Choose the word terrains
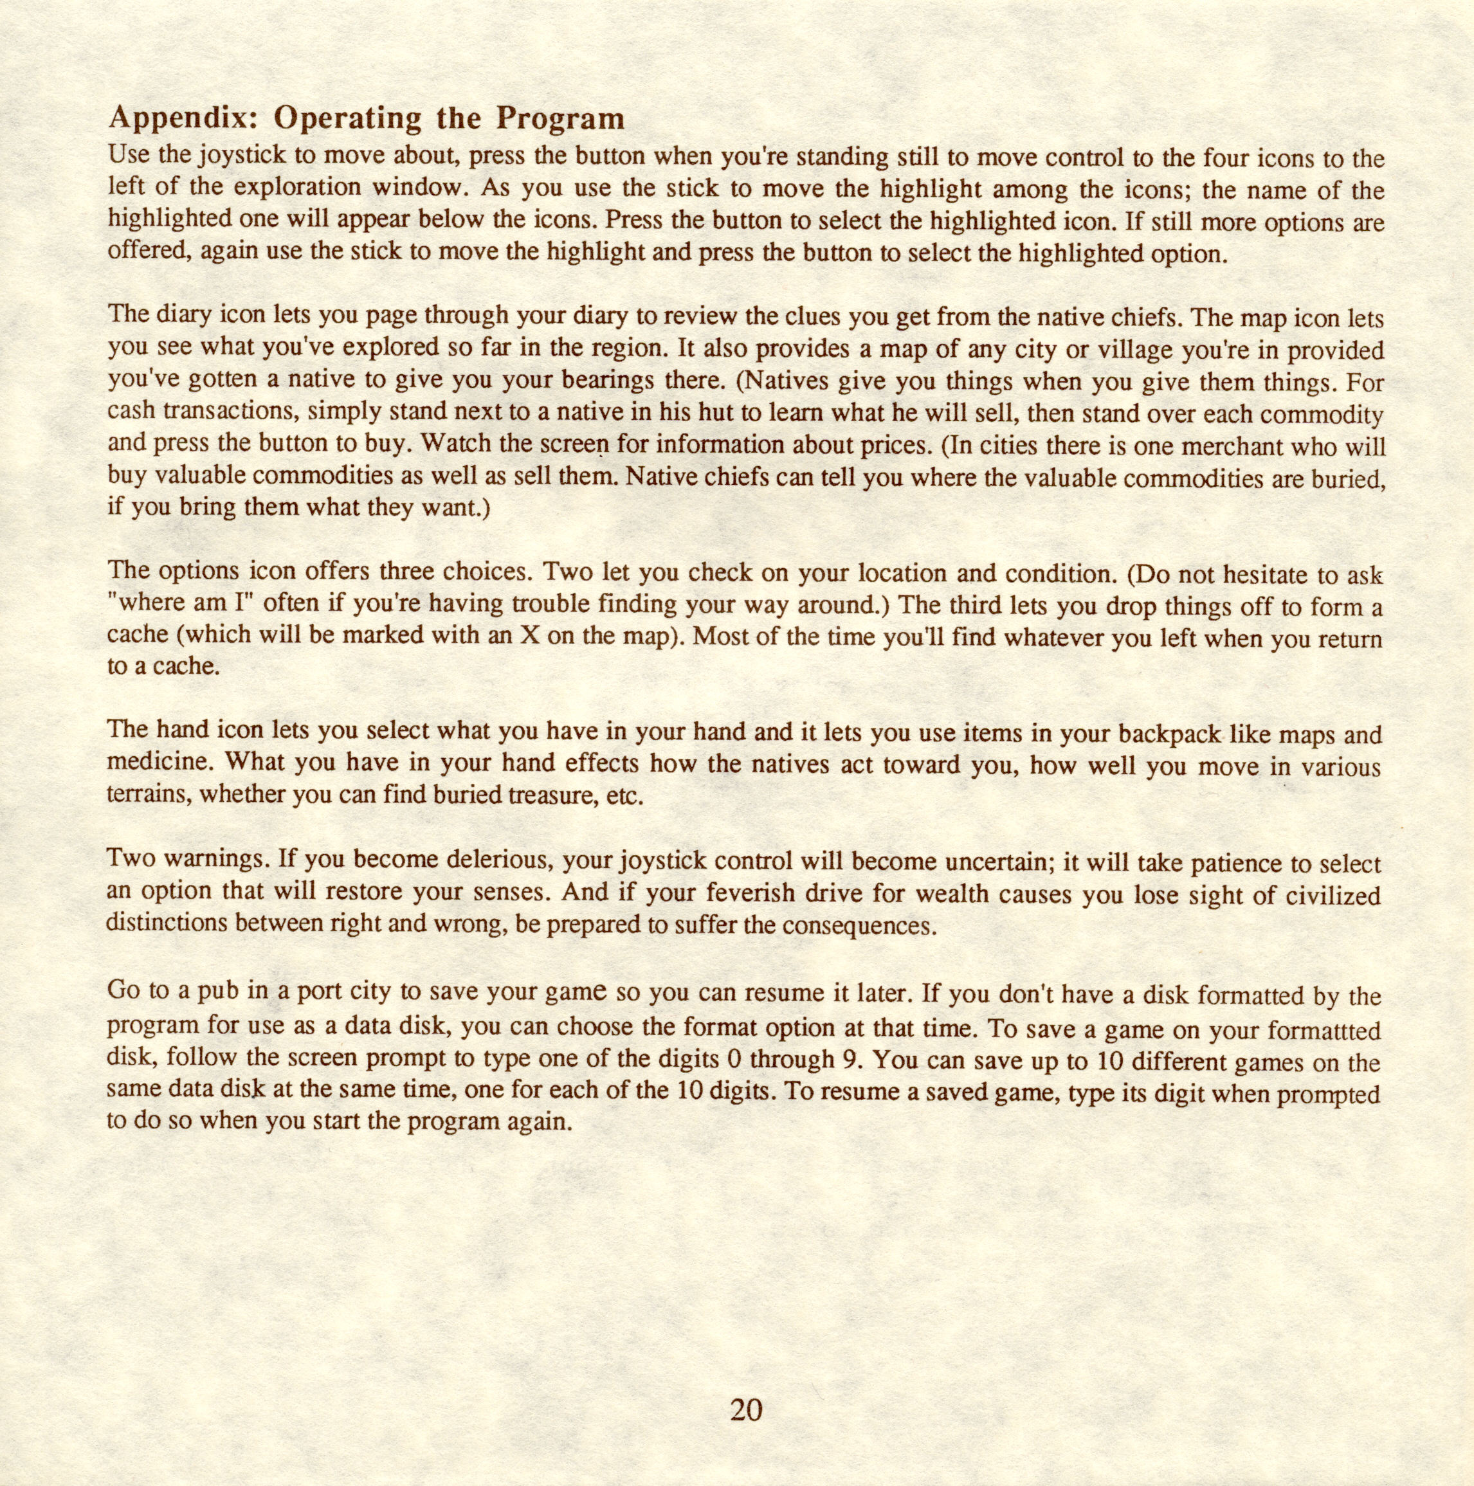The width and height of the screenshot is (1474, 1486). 149,797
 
